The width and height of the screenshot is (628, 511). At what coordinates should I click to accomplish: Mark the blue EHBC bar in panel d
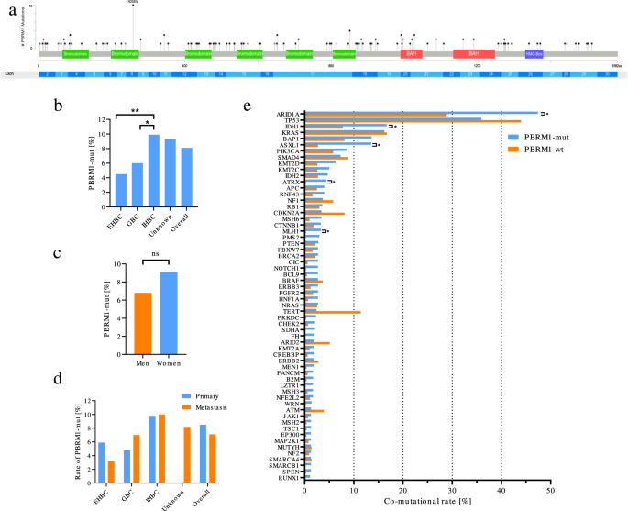coord(114,455)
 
